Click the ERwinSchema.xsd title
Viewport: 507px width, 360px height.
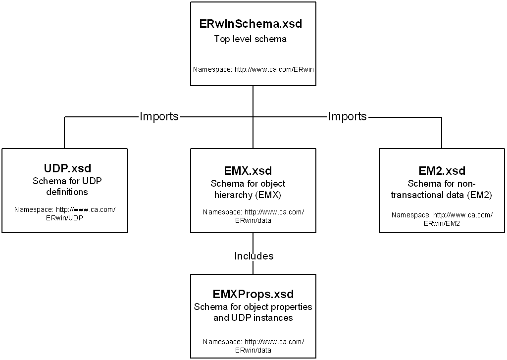250,24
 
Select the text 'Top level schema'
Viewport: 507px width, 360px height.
250,39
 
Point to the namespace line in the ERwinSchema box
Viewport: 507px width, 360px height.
253,69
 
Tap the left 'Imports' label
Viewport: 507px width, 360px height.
159,117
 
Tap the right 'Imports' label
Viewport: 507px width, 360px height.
348,117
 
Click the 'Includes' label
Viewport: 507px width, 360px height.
253,256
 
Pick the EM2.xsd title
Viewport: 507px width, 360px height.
442,171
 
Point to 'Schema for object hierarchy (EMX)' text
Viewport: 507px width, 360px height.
253,189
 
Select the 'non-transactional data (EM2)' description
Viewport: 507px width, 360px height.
442,195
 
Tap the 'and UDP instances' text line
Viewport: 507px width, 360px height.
253,318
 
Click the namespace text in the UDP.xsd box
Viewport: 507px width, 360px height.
64,213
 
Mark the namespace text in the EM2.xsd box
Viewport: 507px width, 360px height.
442,219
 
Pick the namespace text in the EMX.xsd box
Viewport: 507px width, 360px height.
253,216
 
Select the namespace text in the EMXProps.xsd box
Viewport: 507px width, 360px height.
253,346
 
